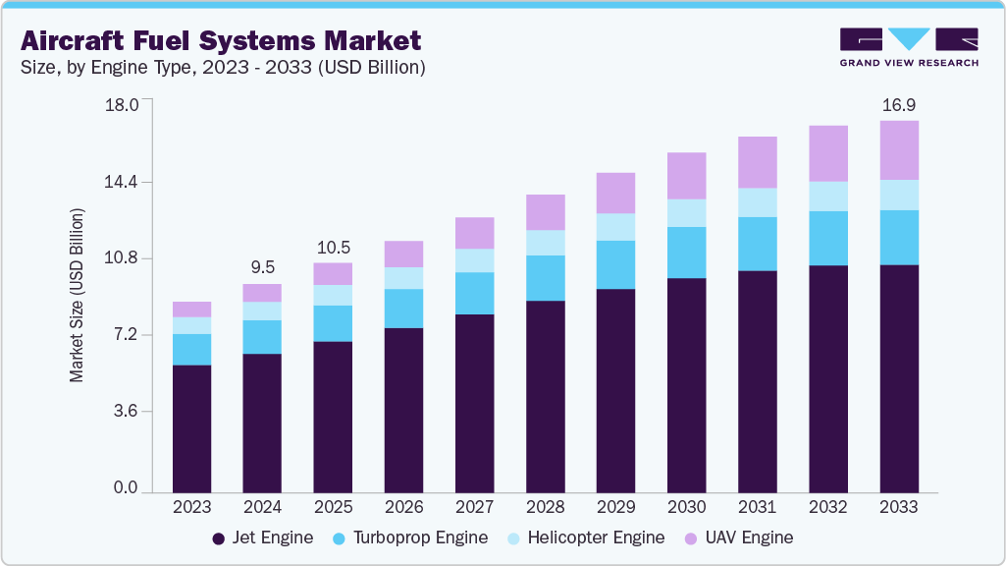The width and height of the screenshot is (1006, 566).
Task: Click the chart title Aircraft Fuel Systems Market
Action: [x=221, y=40]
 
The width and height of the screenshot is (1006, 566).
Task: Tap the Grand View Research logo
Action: [x=908, y=46]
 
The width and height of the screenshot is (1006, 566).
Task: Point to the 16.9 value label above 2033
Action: [x=898, y=104]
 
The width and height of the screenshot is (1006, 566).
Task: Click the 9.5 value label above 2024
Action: [x=262, y=266]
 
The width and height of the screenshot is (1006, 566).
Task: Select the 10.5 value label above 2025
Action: [x=333, y=247]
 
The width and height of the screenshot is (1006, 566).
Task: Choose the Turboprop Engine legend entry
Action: [x=410, y=538]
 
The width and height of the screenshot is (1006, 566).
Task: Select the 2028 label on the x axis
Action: [x=545, y=507]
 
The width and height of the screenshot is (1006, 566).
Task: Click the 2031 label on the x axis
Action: [x=757, y=507]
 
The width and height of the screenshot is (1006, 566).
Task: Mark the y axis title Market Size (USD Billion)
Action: [x=77, y=295]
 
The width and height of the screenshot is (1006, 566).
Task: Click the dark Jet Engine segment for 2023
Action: [x=191, y=428]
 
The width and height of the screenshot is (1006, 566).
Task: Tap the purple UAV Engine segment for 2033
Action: [x=898, y=150]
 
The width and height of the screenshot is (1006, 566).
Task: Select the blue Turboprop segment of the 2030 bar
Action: [x=686, y=253]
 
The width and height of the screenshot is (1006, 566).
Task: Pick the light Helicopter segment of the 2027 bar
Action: [x=474, y=260]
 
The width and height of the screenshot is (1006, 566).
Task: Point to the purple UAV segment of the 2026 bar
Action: [x=403, y=254]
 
